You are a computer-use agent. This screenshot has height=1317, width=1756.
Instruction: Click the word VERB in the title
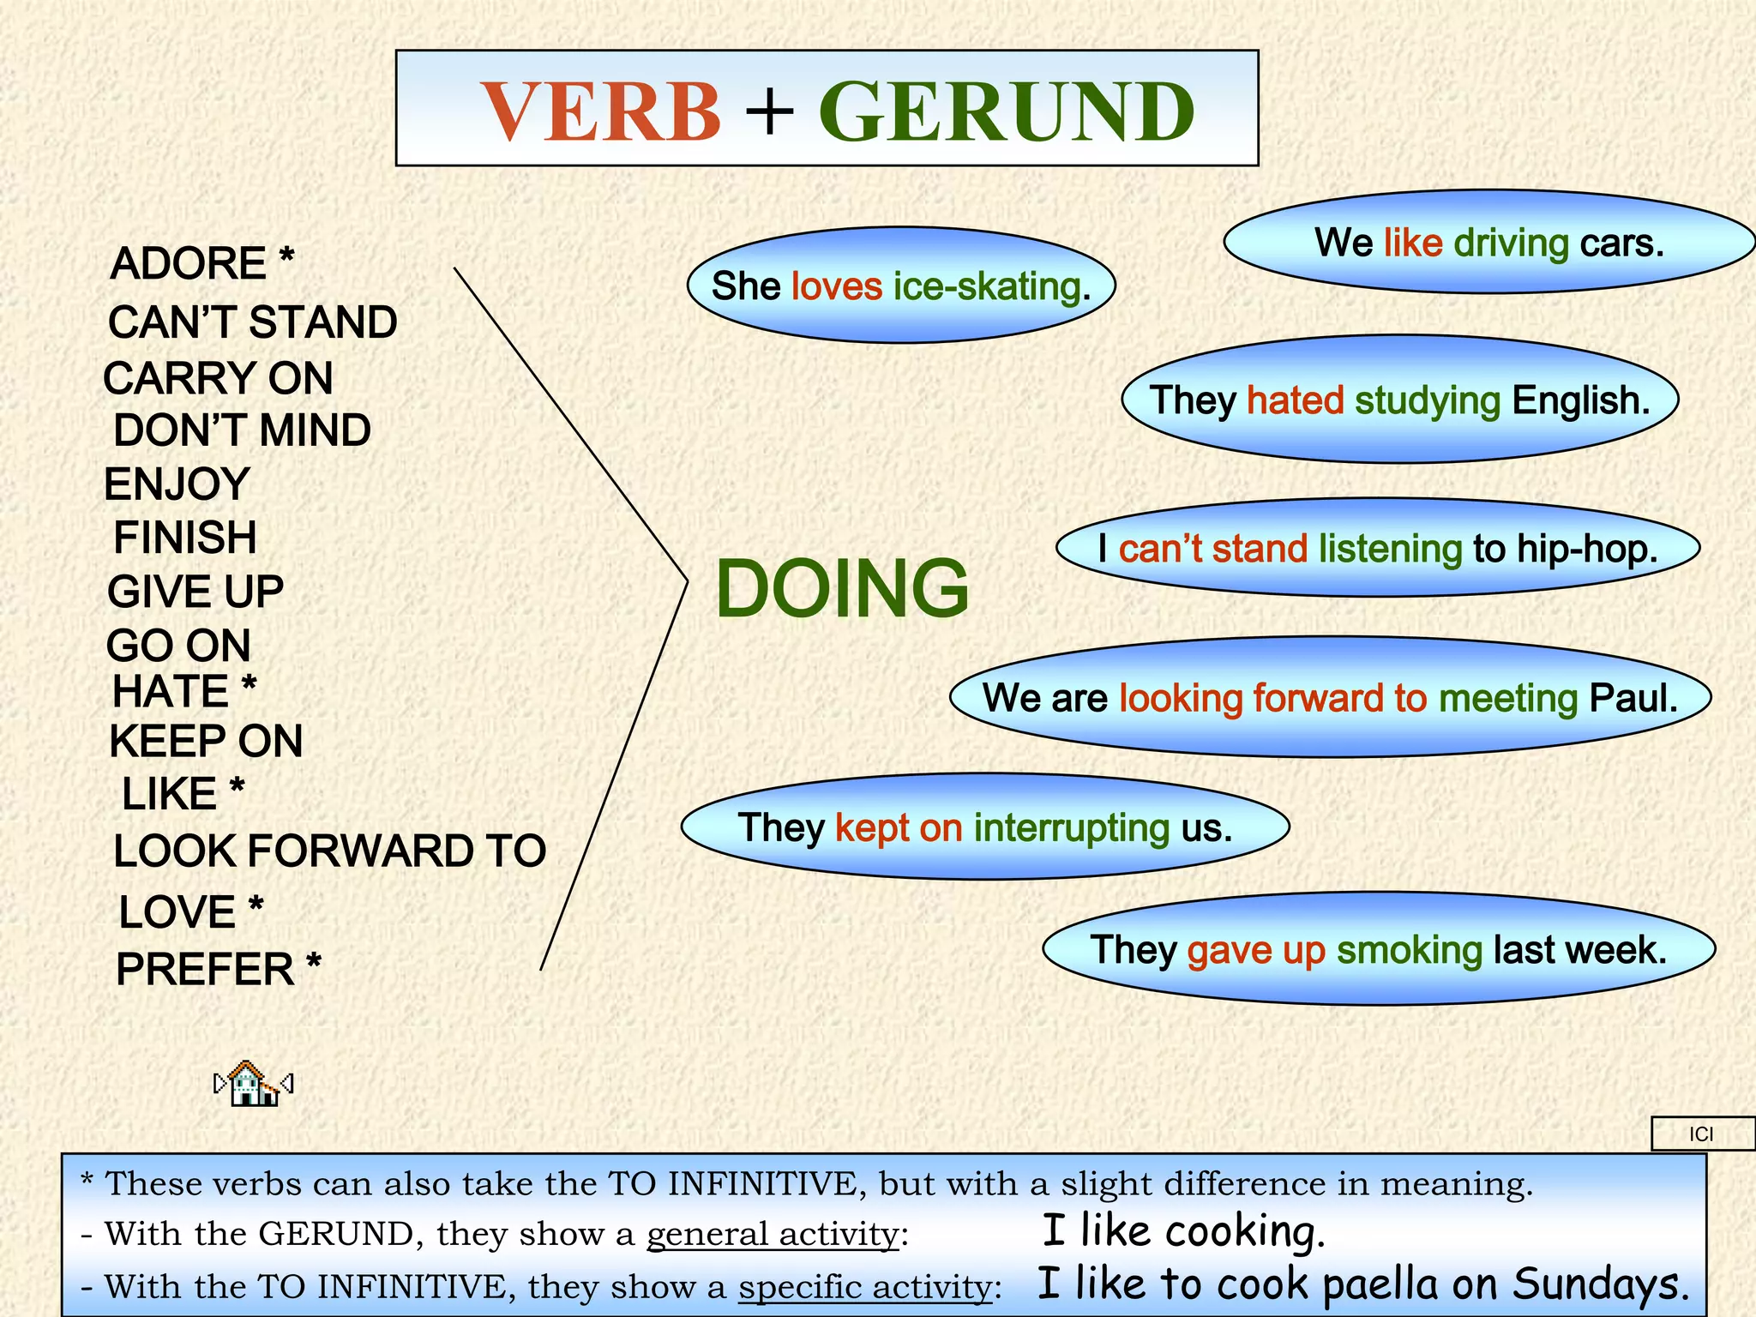(601, 111)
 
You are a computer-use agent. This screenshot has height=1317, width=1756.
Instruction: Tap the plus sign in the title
(769, 111)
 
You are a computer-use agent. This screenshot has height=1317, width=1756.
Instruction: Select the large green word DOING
(841, 588)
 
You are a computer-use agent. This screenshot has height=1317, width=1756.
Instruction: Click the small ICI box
(1701, 1134)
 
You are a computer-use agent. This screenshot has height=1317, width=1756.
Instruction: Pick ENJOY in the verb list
(177, 484)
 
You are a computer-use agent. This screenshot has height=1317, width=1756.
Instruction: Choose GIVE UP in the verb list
(195, 592)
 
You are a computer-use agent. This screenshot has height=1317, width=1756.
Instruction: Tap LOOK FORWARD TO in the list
(329, 851)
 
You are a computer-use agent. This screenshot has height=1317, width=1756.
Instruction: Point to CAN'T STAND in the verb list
(252, 322)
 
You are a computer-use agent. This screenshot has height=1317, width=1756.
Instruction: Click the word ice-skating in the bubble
(991, 286)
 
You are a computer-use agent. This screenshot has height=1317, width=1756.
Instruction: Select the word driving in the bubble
(1511, 244)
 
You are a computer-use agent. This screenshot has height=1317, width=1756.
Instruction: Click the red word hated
(1295, 400)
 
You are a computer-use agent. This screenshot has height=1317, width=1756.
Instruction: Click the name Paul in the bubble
(1632, 698)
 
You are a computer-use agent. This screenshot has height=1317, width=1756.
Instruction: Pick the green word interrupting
(1071, 828)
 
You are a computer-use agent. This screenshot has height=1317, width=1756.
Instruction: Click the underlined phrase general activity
(772, 1235)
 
